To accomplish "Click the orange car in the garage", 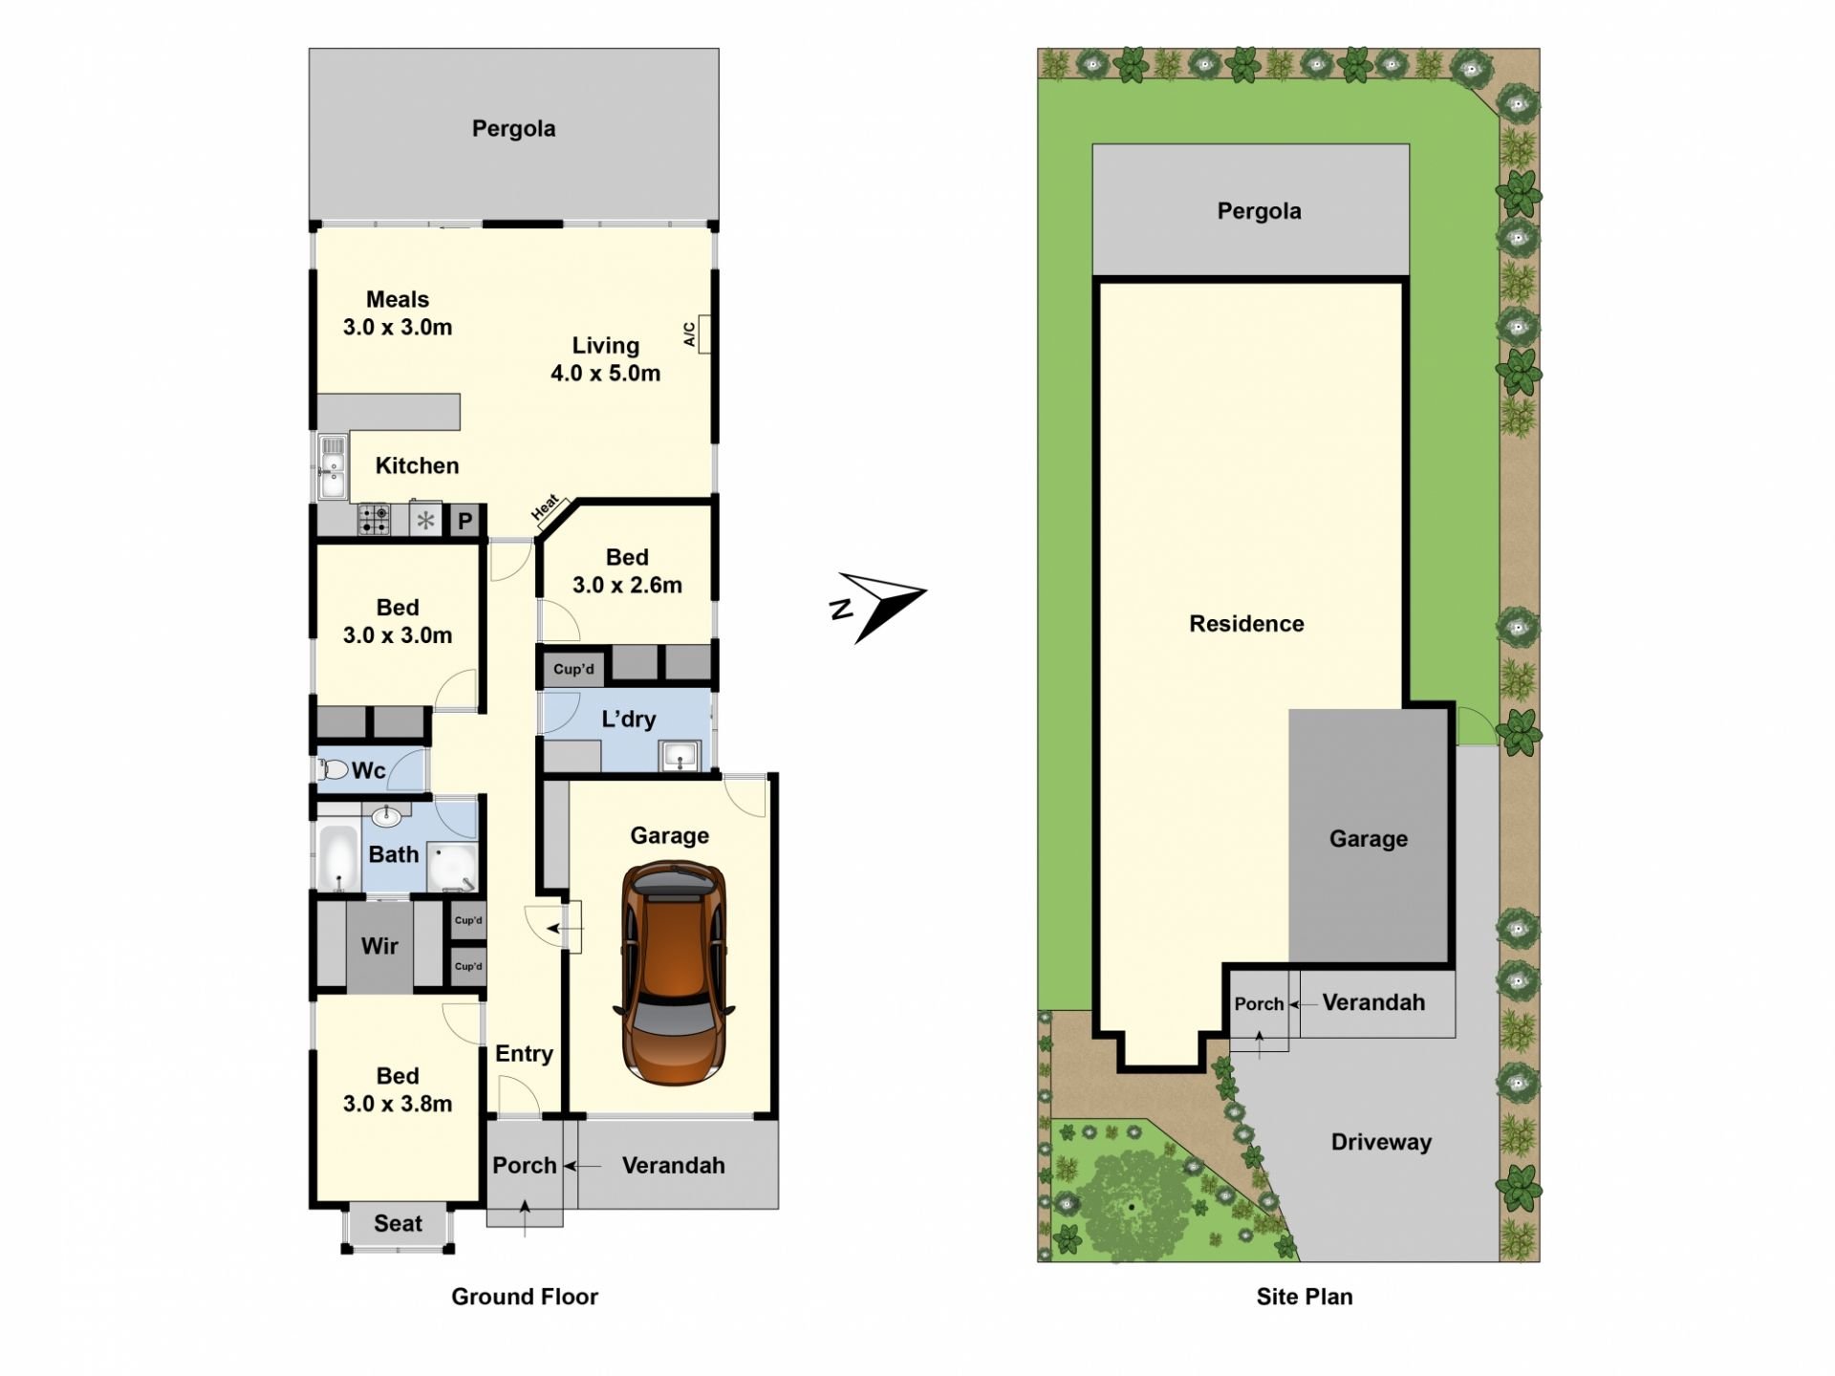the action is coord(674,973).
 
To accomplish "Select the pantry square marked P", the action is coord(464,521).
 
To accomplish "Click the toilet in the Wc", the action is coord(334,769).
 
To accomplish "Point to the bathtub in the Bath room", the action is coord(336,856).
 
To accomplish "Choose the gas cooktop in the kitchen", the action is coord(374,520).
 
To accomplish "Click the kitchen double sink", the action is coord(333,466).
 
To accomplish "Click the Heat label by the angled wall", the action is coord(545,506).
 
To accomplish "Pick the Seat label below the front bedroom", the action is coord(398,1224).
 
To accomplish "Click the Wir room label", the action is coord(379,946).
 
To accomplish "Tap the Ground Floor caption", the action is coord(525,1297).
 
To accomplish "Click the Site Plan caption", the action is coord(1305,1297).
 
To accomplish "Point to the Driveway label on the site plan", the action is coord(1381,1143).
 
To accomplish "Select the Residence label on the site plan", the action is coord(1246,624).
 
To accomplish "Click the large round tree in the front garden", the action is coord(1132,1206).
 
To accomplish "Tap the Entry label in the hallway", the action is coord(524,1054).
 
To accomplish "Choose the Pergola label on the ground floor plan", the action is coord(513,129).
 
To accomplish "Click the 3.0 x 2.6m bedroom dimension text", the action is coord(627,585).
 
